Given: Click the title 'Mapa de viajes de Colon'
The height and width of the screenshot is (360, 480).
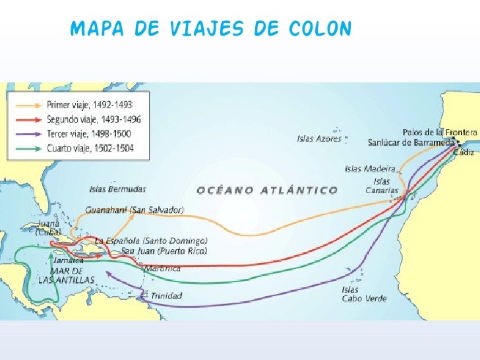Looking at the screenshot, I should click(x=211, y=30).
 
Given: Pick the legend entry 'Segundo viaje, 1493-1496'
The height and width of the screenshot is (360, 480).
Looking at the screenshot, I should click(x=94, y=119).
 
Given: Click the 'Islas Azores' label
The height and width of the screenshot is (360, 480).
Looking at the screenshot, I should click(x=319, y=139).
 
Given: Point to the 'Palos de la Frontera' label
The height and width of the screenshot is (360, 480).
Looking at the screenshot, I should click(x=439, y=132).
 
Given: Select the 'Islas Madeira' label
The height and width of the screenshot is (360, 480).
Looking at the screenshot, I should click(x=370, y=169).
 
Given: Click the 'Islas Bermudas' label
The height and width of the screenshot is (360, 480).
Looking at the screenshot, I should click(x=117, y=189).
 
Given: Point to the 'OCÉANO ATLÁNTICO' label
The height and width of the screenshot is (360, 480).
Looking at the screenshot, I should click(x=267, y=191).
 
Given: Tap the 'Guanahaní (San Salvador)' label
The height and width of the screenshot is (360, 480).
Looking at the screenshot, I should click(x=135, y=210).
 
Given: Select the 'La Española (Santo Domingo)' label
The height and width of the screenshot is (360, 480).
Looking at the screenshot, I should click(x=152, y=241).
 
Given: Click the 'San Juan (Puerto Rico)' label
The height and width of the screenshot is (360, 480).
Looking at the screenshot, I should click(x=163, y=251).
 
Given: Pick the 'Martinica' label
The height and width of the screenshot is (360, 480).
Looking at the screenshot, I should click(x=162, y=268).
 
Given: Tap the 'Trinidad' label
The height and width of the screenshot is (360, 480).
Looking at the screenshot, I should click(x=166, y=296).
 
